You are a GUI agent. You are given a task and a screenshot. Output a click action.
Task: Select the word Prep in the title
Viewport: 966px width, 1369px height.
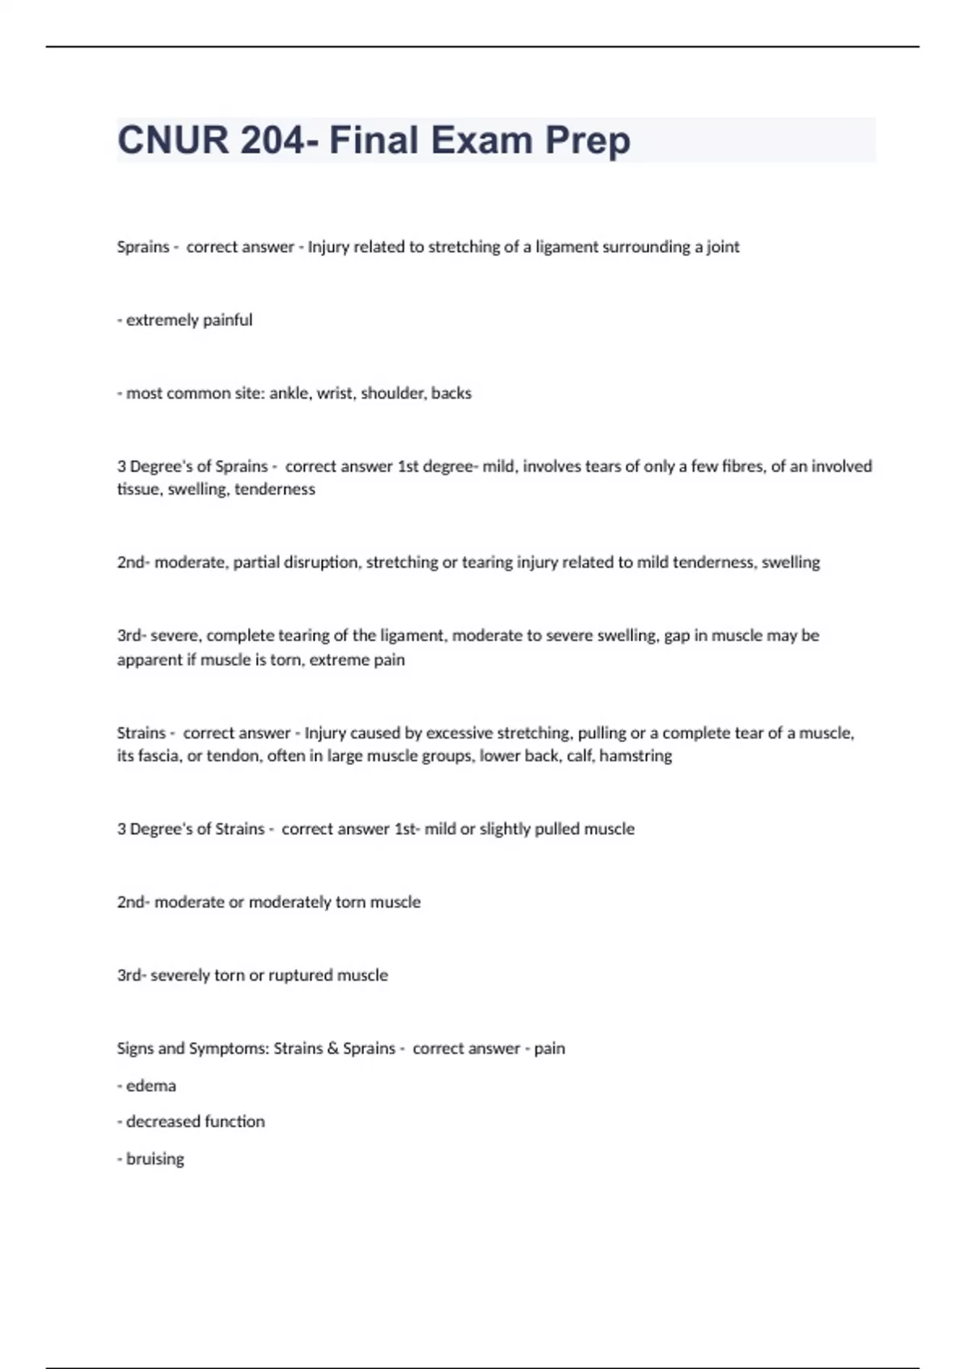tap(588, 140)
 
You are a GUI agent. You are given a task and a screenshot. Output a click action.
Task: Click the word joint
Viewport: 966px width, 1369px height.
tap(722, 247)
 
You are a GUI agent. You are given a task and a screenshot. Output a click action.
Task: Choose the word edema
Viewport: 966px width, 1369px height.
tap(151, 1086)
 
